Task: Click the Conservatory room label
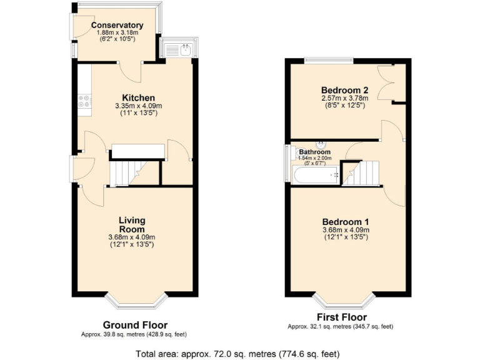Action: [117, 26]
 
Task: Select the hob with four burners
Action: [84, 103]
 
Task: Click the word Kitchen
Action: [138, 97]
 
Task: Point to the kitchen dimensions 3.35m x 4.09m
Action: [138, 106]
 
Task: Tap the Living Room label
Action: [132, 224]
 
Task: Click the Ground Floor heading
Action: [135, 325]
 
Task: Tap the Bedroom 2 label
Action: [344, 90]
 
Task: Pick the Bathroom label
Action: [314, 152]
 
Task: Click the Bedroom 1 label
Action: [346, 222]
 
